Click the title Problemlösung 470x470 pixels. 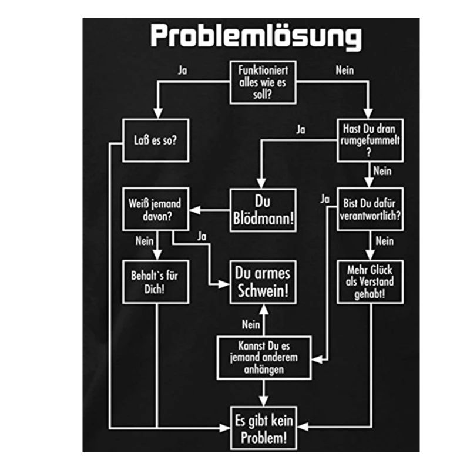(x=256, y=36)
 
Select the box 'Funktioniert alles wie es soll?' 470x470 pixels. (x=262, y=82)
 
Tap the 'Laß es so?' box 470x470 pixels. (x=155, y=140)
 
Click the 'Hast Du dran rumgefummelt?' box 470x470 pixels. (x=371, y=140)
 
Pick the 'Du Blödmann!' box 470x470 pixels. (x=263, y=210)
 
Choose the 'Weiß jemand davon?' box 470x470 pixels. (x=155, y=210)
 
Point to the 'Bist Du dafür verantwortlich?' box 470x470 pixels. (x=371, y=210)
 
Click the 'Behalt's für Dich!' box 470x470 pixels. (x=155, y=281)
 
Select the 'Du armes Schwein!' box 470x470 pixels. (x=263, y=281)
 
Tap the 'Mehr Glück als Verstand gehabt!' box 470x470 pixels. (x=371, y=281)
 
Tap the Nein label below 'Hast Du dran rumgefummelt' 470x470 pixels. (x=382, y=172)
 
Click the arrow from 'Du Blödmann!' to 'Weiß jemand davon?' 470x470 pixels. (x=208, y=210)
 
